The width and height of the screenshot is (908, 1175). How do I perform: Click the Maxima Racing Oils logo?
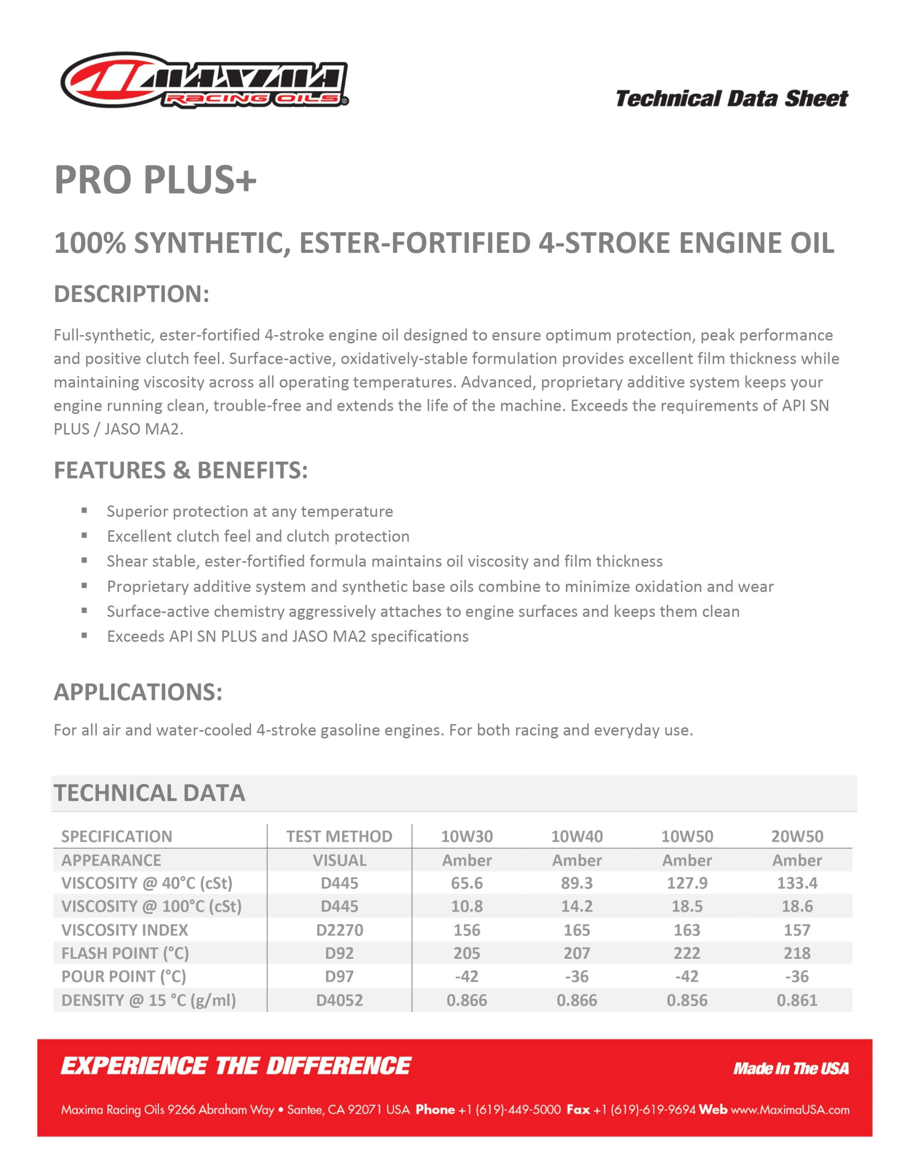coord(205,81)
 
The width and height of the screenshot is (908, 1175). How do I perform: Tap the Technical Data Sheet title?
coord(731,99)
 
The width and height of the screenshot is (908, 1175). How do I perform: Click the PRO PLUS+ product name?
coord(155,180)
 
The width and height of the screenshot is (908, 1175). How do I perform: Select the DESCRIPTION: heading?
coord(131,294)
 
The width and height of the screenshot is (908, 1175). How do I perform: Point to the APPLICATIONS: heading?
coord(138,692)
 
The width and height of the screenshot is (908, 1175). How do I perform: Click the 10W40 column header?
coord(577,836)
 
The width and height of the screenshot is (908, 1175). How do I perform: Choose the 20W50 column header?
coord(797,836)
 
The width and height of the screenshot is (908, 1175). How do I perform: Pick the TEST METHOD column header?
coord(339,836)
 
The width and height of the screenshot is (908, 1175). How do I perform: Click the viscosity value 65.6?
coord(467,883)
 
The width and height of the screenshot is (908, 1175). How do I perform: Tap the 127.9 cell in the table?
coord(687,883)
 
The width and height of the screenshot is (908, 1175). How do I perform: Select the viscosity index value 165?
coord(577,929)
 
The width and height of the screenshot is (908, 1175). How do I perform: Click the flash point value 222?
coord(687,953)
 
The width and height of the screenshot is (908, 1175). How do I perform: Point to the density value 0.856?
coord(687,1000)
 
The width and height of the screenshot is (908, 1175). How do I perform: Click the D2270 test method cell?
coord(339,929)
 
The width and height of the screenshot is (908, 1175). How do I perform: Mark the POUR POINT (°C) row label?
coord(124,976)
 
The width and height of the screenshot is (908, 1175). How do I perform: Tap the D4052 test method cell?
coord(339,1000)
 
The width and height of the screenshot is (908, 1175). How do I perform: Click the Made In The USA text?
coord(790,1069)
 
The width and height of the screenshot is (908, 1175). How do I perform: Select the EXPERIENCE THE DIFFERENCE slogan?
coord(236,1066)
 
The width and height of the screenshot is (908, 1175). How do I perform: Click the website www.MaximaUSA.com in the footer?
coord(790,1110)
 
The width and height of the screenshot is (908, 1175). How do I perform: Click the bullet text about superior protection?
coord(250,511)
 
